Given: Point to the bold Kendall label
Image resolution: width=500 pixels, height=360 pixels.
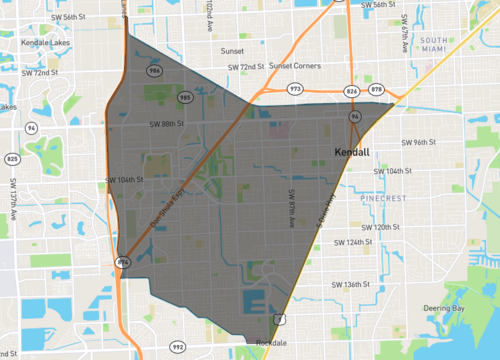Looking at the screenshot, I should click(x=351, y=152).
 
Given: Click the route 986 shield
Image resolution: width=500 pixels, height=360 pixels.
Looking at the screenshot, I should click(x=154, y=73).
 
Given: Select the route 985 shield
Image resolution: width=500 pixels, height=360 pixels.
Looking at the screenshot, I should click(x=184, y=97).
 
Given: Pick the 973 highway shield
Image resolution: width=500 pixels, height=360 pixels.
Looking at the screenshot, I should click(x=296, y=90).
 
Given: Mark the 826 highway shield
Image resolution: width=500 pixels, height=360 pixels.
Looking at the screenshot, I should click(x=351, y=91).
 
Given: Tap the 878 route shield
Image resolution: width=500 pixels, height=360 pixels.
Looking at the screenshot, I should click(x=376, y=91).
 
